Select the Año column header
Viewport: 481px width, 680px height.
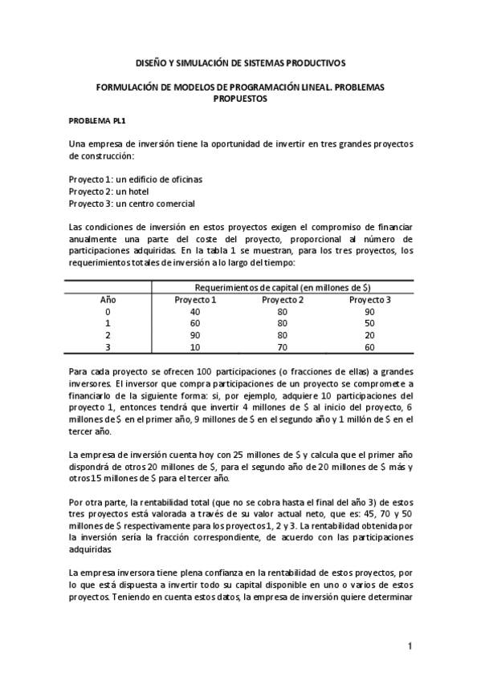click(108, 300)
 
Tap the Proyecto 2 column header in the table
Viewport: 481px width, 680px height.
click(283, 300)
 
